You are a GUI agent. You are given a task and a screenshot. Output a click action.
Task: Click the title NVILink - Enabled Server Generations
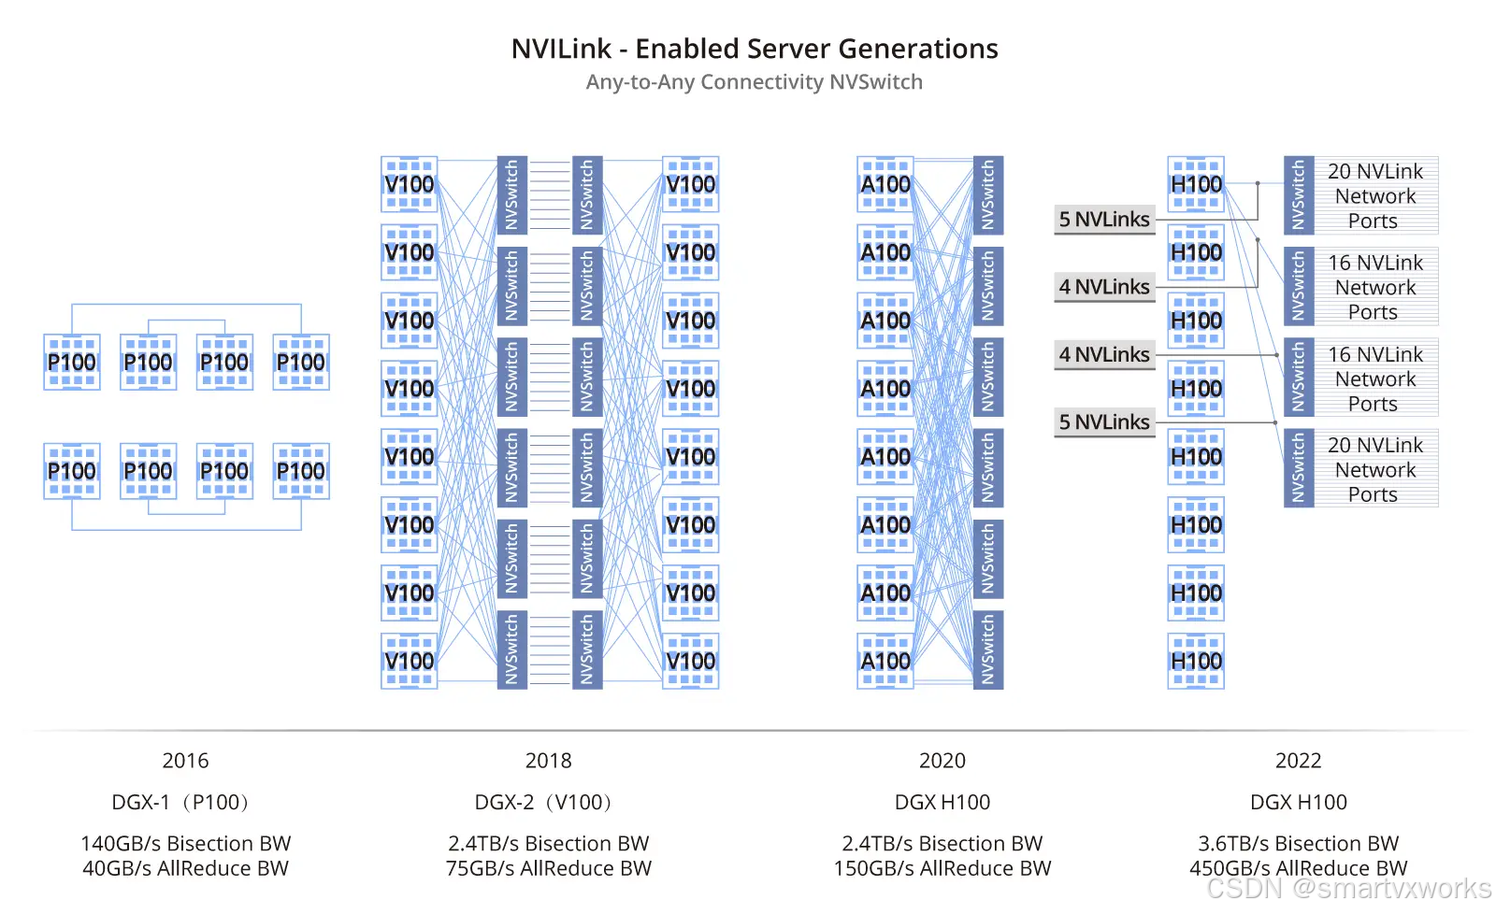pyautogui.click(x=754, y=49)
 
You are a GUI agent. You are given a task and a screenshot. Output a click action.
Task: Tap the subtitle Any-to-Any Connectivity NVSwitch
pyautogui.click(x=754, y=82)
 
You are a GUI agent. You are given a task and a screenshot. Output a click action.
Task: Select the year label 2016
pyautogui.click(x=185, y=761)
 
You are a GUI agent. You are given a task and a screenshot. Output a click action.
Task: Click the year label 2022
pyautogui.click(x=1298, y=761)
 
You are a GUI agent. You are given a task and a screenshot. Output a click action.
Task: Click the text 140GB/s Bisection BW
pyautogui.click(x=185, y=843)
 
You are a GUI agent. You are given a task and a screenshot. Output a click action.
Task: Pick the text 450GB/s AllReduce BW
pyautogui.click(x=1298, y=868)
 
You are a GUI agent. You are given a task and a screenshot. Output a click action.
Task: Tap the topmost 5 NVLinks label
pyautogui.click(x=1104, y=220)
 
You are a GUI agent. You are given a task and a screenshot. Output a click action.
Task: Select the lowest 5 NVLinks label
pyautogui.click(x=1104, y=422)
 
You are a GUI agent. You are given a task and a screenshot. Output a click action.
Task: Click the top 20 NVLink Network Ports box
pyautogui.click(x=1374, y=196)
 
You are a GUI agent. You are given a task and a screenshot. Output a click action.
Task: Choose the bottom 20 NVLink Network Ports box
pyautogui.click(x=1374, y=469)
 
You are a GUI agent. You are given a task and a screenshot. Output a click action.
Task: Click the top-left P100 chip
pyautogui.click(x=72, y=362)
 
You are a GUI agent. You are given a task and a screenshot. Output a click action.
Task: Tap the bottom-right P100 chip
pyautogui.click(x=301, y=471)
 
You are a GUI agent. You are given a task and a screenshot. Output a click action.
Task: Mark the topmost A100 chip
pyautogui.click(x=885, y=184)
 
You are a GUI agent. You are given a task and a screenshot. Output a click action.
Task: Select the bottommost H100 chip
pyautogui.click(x=1196, y=661)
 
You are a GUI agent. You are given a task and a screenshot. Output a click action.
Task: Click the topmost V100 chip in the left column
pyautogui.click(x=410, y=184)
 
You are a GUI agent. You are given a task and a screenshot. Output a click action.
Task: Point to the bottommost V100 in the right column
pyautogui.click(x=690, y=661)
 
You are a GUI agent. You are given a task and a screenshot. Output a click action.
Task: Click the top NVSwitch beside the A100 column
pyautogui.click(x=987, y=195)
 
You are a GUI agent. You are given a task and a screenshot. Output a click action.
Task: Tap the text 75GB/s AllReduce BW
pyautogui.click(x=548, y=868)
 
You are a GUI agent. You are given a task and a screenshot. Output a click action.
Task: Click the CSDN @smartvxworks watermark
pyautogui.click(x=1348, y=888)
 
